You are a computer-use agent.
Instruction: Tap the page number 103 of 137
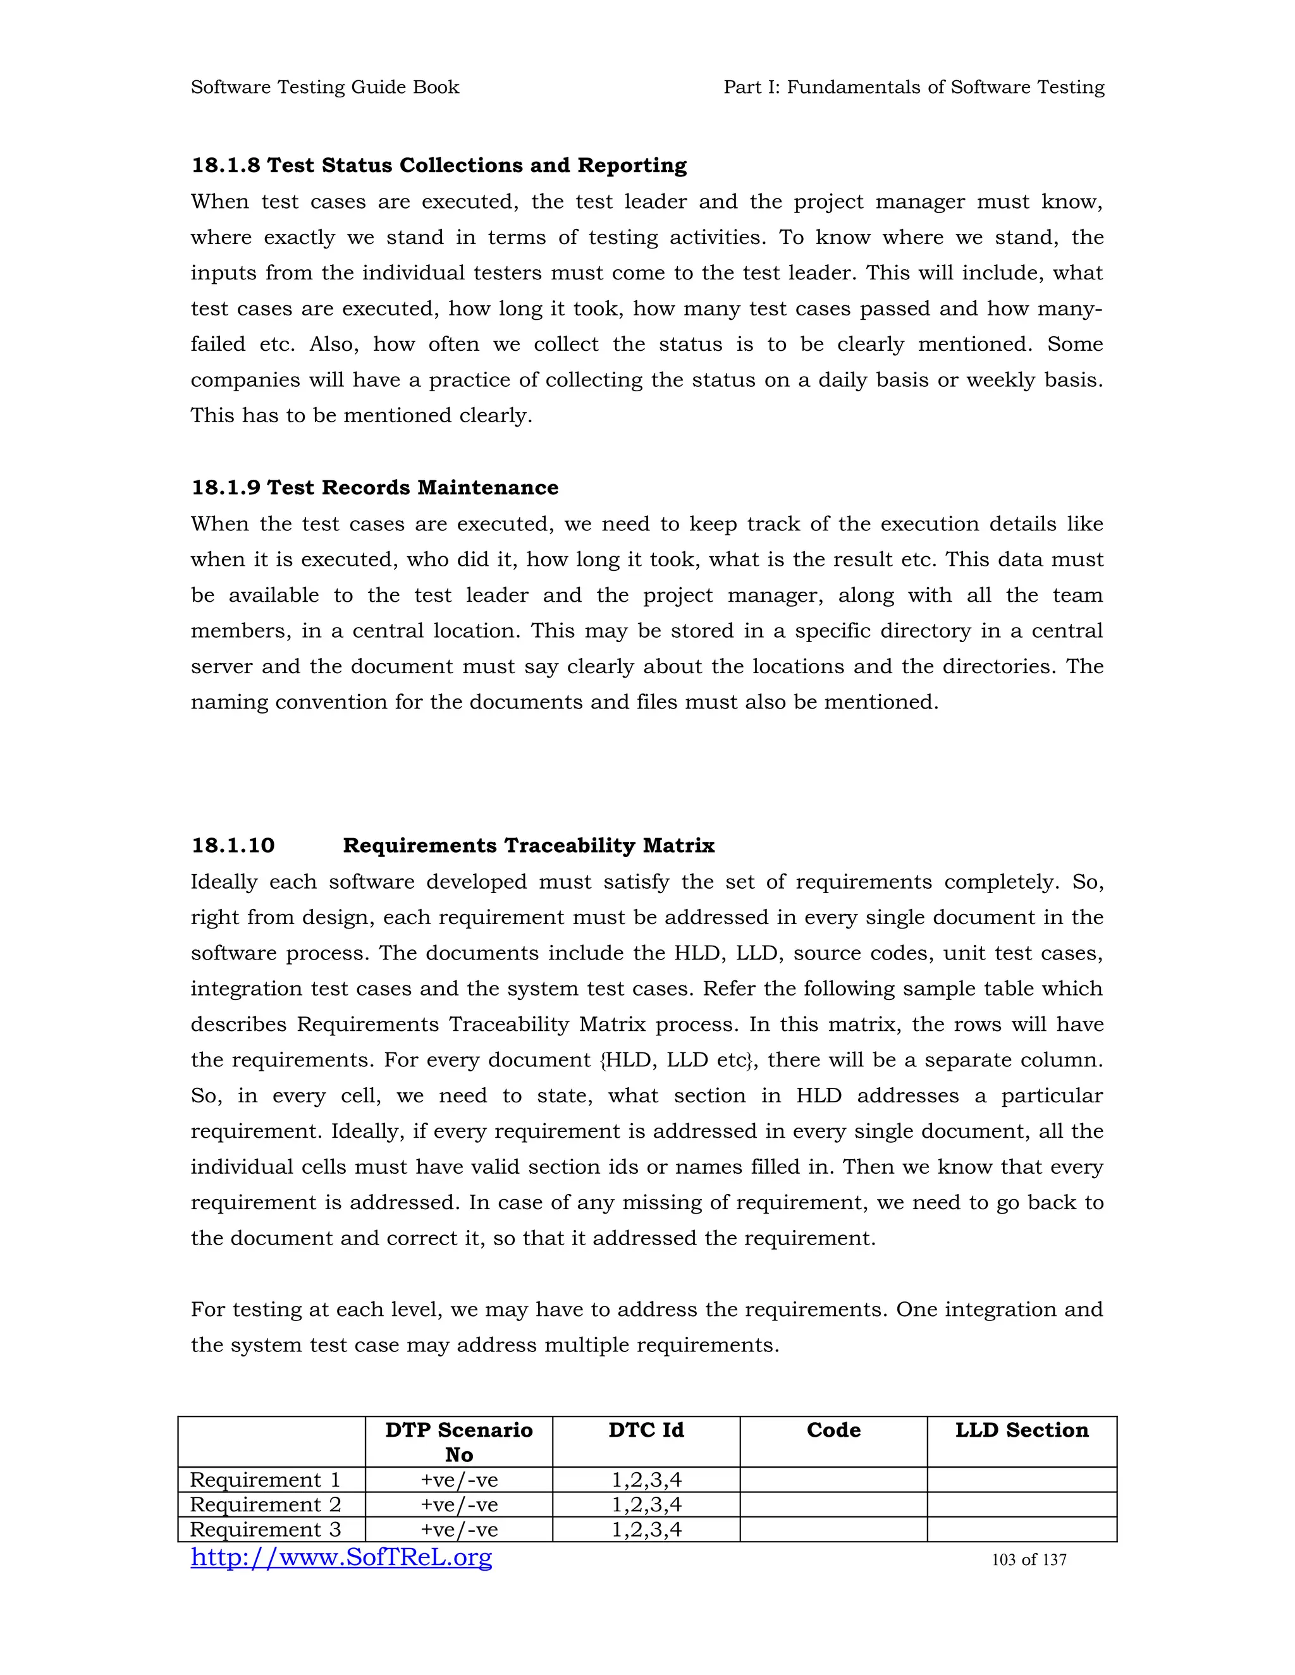[1029, 1560]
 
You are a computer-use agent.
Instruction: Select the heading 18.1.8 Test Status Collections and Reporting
[439, 166]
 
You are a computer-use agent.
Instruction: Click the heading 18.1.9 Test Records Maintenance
[374, 488]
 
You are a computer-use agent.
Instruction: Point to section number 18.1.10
[233, 846]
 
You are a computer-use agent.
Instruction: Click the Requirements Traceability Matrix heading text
[529, 846]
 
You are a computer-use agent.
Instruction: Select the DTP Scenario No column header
[459, 1442]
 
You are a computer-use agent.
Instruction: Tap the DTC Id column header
[646, 1430]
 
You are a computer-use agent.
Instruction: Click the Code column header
[833, 1430]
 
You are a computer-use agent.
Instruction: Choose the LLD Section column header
[1021, 1430]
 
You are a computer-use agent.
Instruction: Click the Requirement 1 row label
[265, 1480]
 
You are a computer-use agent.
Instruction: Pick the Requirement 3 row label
[265, 1530]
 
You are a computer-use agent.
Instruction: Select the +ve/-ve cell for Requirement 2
[459, 1505]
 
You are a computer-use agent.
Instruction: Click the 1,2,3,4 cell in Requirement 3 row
[646, 1530]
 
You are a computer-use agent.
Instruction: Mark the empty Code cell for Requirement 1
[833, 1480]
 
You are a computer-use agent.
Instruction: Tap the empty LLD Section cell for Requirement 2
[1021, 1505]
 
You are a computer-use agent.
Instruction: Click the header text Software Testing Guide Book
[324, 87]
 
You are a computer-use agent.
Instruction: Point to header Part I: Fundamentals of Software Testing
[914, 87]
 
